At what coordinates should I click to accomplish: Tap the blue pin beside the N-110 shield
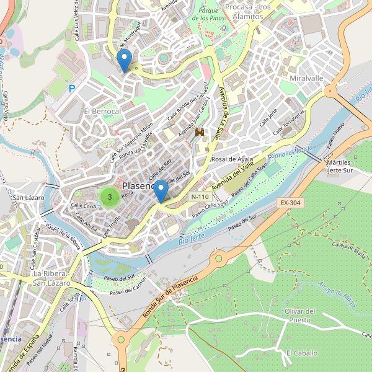coord(161,190)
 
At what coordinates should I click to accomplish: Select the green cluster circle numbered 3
coord(110,197)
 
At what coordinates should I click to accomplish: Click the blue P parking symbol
coord(72,89)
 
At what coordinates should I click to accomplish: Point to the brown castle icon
coord(200,132)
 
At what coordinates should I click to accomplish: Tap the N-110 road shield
coord(200,197)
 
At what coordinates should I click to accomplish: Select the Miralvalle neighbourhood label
coord(306,79)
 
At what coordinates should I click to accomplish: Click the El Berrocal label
coord(102,111)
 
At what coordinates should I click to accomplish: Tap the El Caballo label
coord(302,353)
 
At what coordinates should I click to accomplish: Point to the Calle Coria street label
coord(82,205)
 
